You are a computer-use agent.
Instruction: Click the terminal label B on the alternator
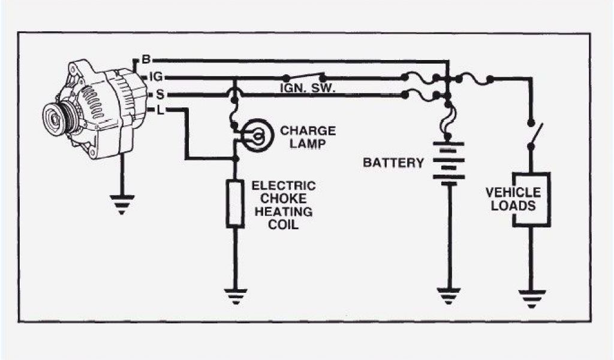(x=146, y=60)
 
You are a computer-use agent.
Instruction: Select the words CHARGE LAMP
(x=308, y=137)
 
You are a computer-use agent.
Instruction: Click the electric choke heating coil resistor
(x=235, y=203)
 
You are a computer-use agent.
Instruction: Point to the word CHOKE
(x=284, y=199)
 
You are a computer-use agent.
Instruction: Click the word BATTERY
(x=393, y=163)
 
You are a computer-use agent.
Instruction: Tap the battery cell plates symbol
(x=449, y=163)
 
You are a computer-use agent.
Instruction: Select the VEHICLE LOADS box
(x=531, y=200)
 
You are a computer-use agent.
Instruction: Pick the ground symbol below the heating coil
(x=235, y=296)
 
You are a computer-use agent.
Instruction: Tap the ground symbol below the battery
(x=449, y=295)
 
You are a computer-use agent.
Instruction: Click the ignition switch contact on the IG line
(x=305, y=77)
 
